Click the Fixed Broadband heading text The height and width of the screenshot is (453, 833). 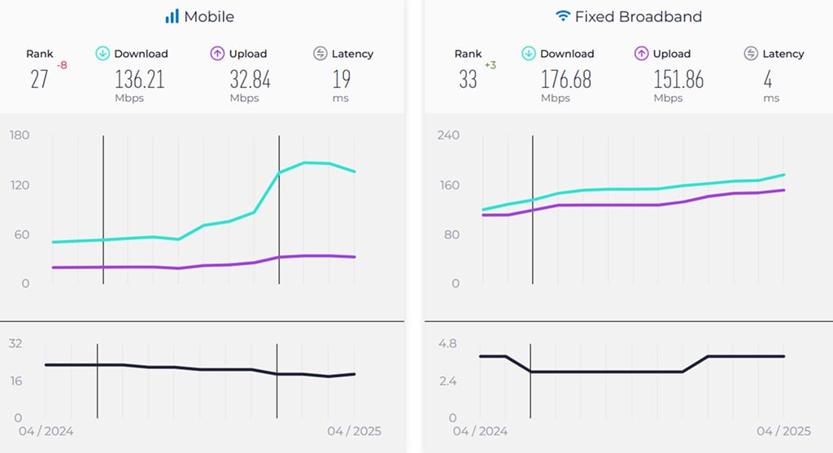tap(639, 16)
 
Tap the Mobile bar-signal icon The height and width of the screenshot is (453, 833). tap(172, 16)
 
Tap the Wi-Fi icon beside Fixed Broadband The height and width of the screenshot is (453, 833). tap(563, 16)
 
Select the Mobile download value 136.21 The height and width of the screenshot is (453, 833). tap(140, 79)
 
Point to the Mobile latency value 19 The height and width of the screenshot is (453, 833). tap(342, 79)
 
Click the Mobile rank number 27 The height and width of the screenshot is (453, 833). tap(39, 79)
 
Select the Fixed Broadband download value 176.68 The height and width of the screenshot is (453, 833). tap(566, 79)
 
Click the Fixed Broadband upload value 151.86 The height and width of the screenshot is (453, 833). tap(678, 79)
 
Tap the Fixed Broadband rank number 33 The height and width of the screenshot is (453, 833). tap(468, 79)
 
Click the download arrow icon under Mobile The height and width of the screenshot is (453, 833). tap(102, 54)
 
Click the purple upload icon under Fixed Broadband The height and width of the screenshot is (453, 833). tap(641, 54)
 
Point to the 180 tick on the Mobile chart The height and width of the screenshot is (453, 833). tap(20, 135)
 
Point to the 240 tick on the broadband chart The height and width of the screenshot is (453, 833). tap(449, 135)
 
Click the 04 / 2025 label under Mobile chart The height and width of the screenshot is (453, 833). tap(354, 431)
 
